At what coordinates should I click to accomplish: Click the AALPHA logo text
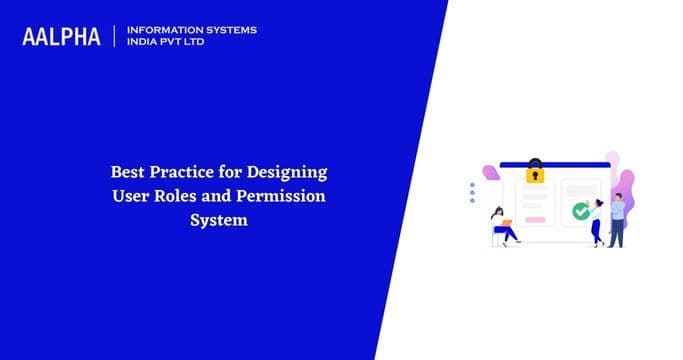[61, 36]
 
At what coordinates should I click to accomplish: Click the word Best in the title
[127, 171]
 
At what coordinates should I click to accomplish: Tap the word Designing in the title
[288, 172]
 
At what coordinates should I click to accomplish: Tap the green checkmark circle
[579, 211]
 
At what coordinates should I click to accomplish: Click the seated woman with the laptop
[502, 226]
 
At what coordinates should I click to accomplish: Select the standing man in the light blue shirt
[617, 220]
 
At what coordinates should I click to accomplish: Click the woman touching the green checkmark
[596, 222]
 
